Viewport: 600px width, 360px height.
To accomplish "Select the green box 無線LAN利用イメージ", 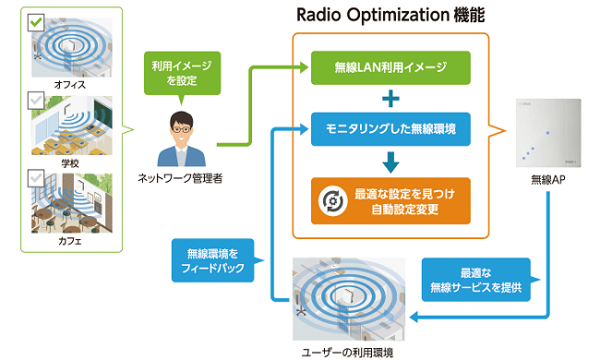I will click(x=390, y=67).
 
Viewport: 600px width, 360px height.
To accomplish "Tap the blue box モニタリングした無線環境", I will click(x=390, y=130).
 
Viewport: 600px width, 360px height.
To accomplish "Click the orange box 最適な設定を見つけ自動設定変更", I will click(x=390, y=200).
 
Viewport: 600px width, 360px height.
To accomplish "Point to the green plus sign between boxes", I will click(x=390, y=99).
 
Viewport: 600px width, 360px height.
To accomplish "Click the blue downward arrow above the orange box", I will click(x=390, y=162).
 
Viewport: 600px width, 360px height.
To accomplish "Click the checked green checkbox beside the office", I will click(x=36, y=20).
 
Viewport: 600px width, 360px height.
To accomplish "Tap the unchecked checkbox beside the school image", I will click(x=36, y=99).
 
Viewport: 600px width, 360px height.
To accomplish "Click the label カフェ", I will click(x=70, y=242).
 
